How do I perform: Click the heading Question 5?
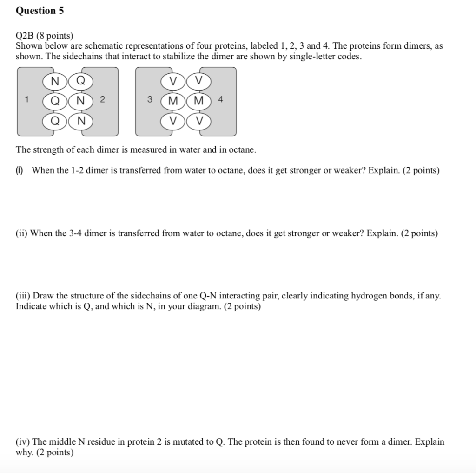(x=40, y=11)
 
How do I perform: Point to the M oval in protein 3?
(x=173, y=101)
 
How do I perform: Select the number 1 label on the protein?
(x=27, y=99)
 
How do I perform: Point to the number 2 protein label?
(x=103, y=99)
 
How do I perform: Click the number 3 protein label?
(x=149, y=99)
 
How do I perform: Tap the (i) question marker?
(x=20, y=170)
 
